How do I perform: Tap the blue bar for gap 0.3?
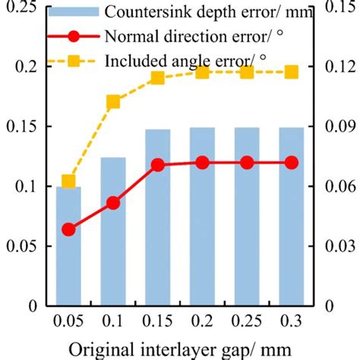291,216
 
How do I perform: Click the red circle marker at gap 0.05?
68,229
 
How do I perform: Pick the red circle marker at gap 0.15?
158,164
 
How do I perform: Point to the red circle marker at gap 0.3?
291,163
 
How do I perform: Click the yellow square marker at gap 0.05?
68,182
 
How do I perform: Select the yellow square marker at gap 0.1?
113,102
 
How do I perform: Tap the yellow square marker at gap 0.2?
202,72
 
